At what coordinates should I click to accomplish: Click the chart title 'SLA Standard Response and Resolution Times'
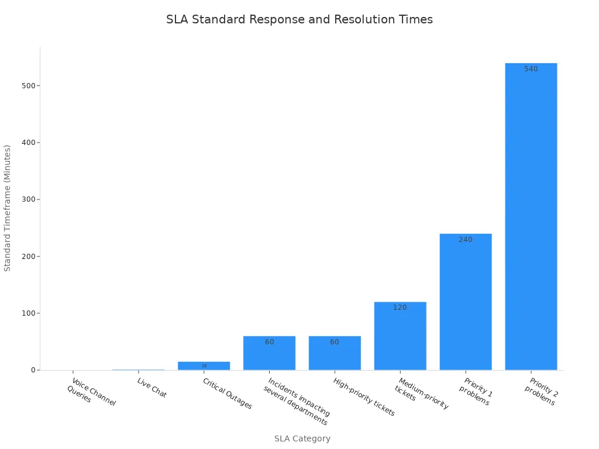pos(299,19)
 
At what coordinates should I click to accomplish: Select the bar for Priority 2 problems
pos(531,216)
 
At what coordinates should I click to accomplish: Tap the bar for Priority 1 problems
pos(466,302)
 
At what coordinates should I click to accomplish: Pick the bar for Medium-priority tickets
pos(400,336)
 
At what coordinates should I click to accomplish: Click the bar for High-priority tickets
pos(335,353)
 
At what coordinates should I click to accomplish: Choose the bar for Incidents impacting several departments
pos(269,353)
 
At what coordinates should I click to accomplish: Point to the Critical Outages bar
pos(204,365)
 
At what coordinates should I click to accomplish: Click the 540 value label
pos(531,69)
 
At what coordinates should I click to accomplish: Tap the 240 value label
pos(466,240)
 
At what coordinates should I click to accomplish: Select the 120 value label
pos(400,308)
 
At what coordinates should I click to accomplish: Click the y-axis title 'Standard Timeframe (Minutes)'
pos(8,208)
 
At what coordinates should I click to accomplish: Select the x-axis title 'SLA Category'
pos(302,438)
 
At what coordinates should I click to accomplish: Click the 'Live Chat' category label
pos(152,388)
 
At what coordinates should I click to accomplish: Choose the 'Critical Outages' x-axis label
pos(227,393)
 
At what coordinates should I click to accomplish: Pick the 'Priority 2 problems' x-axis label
pos(541,392)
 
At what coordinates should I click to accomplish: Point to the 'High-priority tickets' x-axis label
pos(364,397)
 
